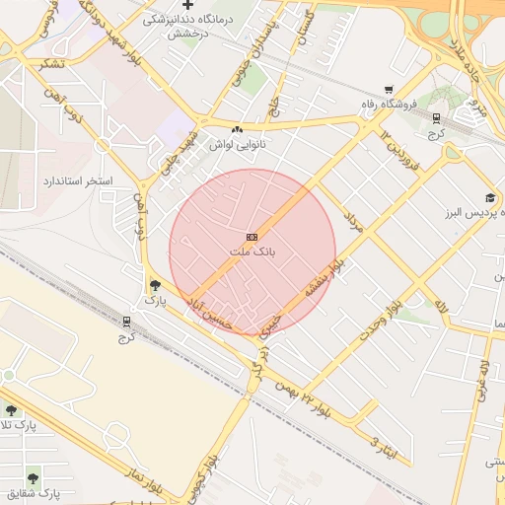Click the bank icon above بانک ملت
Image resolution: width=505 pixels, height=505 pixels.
pos(252,237)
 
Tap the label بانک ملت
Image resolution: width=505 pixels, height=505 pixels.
pos(252,252)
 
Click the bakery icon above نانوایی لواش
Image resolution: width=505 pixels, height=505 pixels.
pos(237,129)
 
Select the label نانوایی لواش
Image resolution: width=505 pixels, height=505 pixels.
pos(237,144)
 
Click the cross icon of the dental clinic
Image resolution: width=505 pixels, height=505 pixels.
pos(187,5)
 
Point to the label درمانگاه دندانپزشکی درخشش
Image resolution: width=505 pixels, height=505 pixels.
pos(186,26)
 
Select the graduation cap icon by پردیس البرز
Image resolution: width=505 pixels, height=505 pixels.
pos(490,197)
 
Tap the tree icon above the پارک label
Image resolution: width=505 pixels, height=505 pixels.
pos(154,284)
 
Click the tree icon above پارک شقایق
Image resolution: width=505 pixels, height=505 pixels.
pos(36,475)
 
